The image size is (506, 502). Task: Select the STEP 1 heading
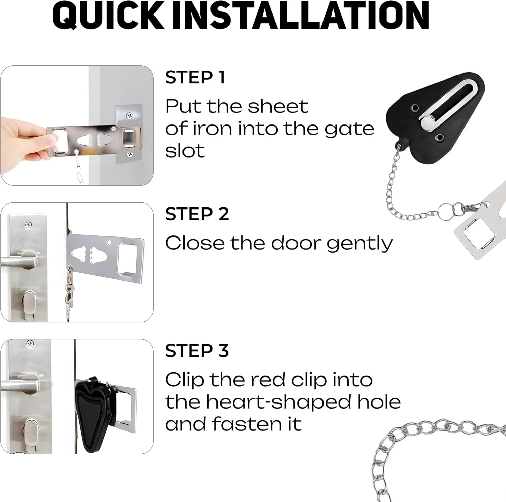click(195, 77)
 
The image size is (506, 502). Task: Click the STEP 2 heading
click(197, 214)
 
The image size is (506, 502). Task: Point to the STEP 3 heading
click(197, 351)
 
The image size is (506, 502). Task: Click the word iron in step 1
click(207, 129)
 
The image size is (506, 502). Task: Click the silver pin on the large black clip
click(426, 121)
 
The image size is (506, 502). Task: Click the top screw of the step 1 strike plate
click(129, 116)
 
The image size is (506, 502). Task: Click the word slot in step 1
click(185, 151)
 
